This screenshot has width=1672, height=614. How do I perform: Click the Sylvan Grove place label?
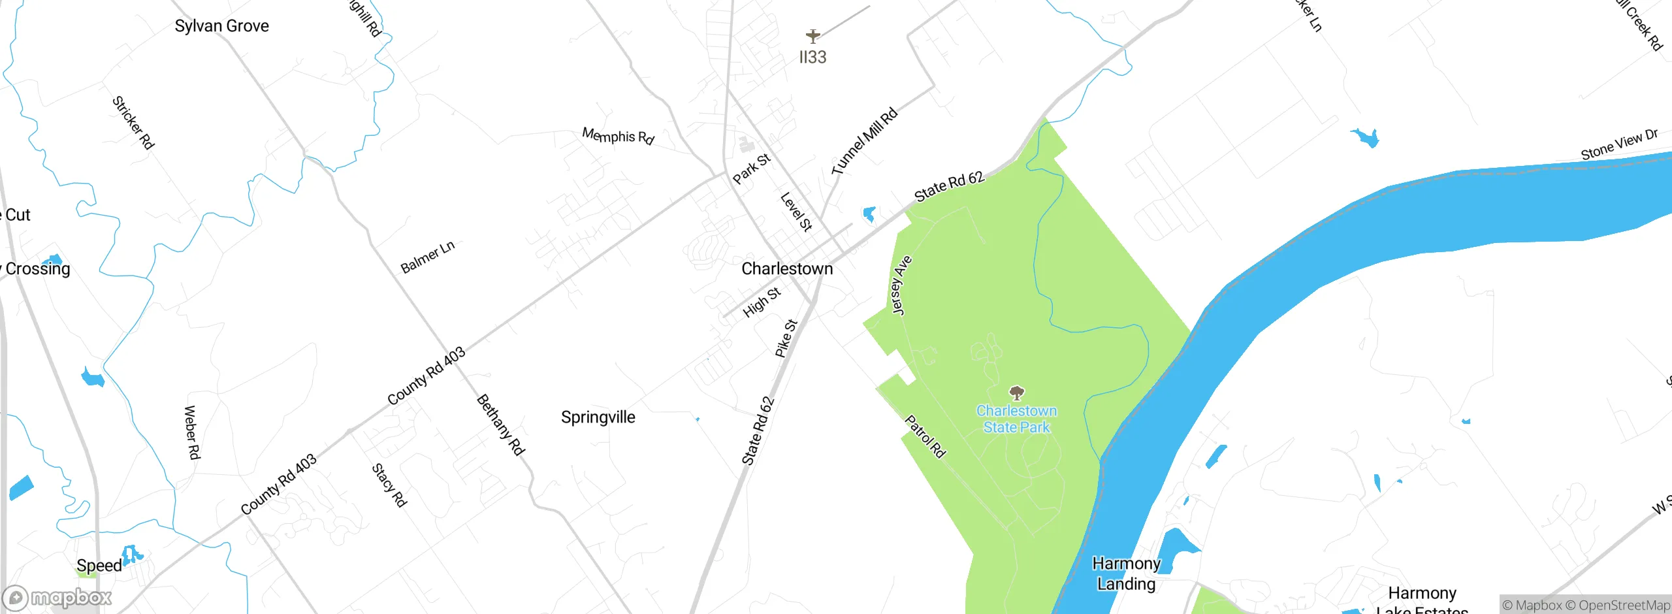pos(221,26)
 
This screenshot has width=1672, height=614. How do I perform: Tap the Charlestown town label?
pos(787,268)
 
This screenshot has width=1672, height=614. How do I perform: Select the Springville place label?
pos(598,417)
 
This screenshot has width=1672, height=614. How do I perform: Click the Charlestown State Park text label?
pos(1016,419)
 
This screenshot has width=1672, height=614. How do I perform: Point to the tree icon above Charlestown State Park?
pos(1016,393)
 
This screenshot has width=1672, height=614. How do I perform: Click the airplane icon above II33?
pos(812,35)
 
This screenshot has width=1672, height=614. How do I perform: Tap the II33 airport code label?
pos(812,57)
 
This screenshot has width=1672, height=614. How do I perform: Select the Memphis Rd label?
pos(618,136)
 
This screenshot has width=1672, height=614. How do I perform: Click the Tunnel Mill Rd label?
pos(864,141)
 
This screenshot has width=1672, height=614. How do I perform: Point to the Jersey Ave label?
pos(901,285)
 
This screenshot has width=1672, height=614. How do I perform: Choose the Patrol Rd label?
pos(925,436)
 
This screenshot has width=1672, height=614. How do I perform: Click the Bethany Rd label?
pos(500,425)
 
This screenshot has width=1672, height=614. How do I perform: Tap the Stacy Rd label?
pos(389,485)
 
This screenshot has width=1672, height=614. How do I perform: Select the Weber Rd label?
pos(192,432)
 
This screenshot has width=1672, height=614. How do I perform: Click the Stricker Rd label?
pos(133,123)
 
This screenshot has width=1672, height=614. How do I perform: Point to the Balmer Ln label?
pos(427,257)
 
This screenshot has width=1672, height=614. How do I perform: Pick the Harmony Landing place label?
pos(1126,574)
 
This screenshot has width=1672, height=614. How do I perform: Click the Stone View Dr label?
pos(1619,144)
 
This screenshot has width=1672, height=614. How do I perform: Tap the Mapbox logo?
pos(57,598)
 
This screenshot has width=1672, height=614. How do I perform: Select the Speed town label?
pos(99,566)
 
